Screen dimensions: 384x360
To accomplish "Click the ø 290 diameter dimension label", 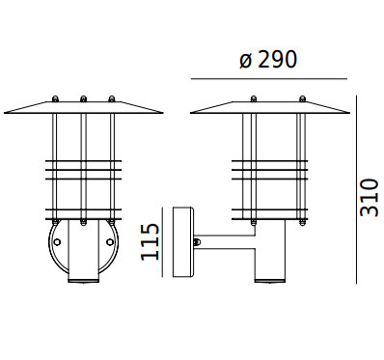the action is (268, 60).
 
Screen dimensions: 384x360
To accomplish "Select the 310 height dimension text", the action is (369, 198).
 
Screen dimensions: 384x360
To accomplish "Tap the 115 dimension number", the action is (151, 242).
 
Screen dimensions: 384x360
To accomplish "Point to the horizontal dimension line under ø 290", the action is (269, 78).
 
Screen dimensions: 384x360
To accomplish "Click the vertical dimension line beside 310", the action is (356, 189).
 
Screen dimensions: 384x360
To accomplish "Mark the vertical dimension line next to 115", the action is (163, 242).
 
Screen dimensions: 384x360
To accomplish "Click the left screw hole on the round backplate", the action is (57, 242).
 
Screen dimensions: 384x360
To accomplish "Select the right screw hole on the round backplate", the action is (110, 242).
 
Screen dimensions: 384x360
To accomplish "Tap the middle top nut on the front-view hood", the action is (83, 98).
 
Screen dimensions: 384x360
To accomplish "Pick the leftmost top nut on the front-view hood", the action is (55, 98).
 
